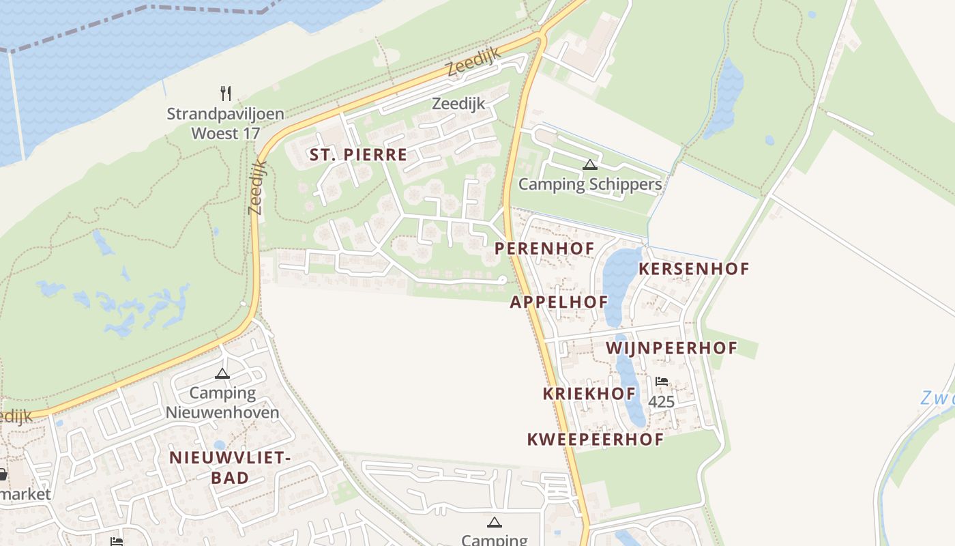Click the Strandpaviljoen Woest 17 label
pyautogui.click(x=225, y=123)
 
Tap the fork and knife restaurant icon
pyautogui.click(x=226, y=93)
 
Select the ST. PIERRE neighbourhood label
pyautogui.click(x=358, y=155)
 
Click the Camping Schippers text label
pyautogui.click(x=590, y=184)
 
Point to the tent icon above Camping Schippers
pyautogui.click(x=590, y=164)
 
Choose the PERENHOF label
pyautogui.click(x=544, y=248)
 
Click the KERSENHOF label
pyautogui.click(x=693, y=269)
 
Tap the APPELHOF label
pyautogui.click(x=559, y=302)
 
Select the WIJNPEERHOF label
pyautogui.click(x=671, y=348)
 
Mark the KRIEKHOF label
pyautogui.click(x=589, y=394)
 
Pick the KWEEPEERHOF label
pyautogui.click(x=595, y=440)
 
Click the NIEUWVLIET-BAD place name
pyautogui.click(x=230, y=468)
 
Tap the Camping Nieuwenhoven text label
pyautogui.click(x=222, y=403)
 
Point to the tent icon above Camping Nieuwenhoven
pyautogui.click(x=222, y=373)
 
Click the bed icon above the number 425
pyautogui.click(x=661, y=382)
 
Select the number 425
pyautogui.click(x=661, y=402)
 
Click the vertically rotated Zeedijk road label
pyautogui.click(x=258, y=187)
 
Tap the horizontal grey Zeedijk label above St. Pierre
pyautogui.click(x=458, y=104)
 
